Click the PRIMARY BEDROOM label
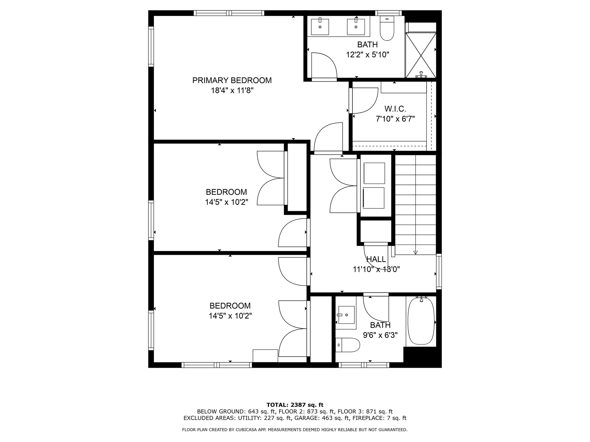[232, 80]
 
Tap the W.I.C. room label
[395, 109]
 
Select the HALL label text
[376, 259]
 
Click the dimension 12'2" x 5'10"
[368, 55]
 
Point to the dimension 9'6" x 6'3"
[380, 335]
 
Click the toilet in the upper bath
[387, 29]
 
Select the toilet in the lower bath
[348, 345]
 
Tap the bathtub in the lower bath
[421, 321]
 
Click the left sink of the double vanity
[320, 27]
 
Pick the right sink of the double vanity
[356, 27]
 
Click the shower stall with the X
[421, 55]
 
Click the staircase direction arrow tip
[415, 253]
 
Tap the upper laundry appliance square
[374, 173]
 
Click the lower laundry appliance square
[374, 198]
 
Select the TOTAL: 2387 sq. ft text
[295, 405]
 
